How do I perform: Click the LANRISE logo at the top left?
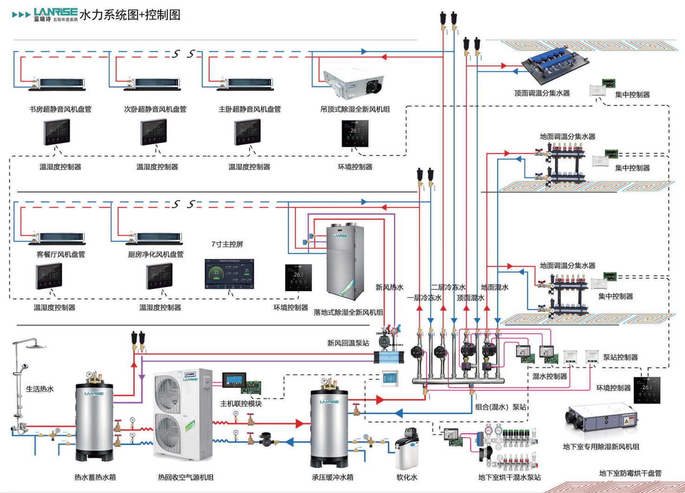(55, 14)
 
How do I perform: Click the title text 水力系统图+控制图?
(130, 15)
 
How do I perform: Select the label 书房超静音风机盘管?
(60, 109)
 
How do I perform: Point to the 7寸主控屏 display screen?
(229, 274)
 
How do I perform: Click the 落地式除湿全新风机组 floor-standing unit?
(343, 260)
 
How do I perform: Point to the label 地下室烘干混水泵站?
(509, 477)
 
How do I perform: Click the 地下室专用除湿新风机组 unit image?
(601, 422)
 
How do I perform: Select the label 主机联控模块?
(241, 403)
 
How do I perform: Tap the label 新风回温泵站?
(348, 343)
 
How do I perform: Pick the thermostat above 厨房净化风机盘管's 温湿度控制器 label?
(159, 276)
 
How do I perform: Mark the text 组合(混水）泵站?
(501, 407)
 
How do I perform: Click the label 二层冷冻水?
(448, 287)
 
